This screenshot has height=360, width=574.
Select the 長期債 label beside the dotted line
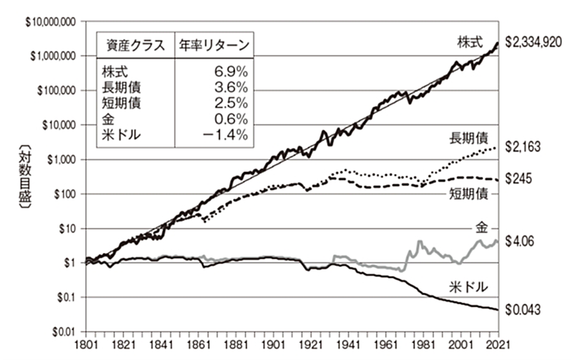coord(469,138)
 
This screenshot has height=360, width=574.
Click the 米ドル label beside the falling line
coord(469,287)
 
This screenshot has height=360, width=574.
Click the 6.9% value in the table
coord(232,72)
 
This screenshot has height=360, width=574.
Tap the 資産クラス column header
coord(134,45)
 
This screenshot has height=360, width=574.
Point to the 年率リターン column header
coord(214,45)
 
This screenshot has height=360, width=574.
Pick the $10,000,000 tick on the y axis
coord(52,22)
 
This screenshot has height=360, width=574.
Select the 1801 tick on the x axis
coord(86,345)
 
